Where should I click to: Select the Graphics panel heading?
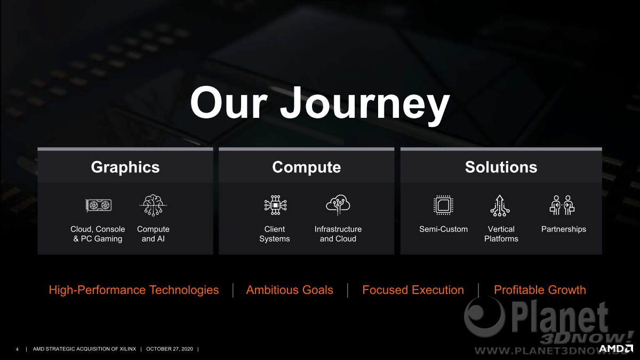(x=125, y=167)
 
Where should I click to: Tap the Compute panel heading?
(x=306, y=167)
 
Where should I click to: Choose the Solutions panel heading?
(x=501, y=167)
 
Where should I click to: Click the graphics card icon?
(x=99, y=205)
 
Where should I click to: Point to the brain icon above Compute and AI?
(x=153, y=205)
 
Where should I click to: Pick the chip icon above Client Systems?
(x=275, y=205)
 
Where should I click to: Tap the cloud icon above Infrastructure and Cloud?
(x=338, y=205)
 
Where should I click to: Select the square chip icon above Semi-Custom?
(x=443, y=205)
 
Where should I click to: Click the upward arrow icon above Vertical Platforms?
(x=500, y=205)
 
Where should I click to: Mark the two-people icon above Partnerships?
(x=562, y=205)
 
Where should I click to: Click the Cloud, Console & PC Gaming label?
(x=98, y=234)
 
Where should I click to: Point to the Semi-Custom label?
(x=443, y=229)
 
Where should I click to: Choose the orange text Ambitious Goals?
(x=290, y=290)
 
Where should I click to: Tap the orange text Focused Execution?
(x=413, y=290)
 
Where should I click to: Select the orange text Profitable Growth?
(x=540, y=290)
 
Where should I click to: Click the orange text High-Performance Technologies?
(x=134, y=290)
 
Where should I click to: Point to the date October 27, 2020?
(x=170, y=349)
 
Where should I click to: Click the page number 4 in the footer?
(x=17, y=349)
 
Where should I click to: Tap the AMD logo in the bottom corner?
(x=615, y=349)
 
